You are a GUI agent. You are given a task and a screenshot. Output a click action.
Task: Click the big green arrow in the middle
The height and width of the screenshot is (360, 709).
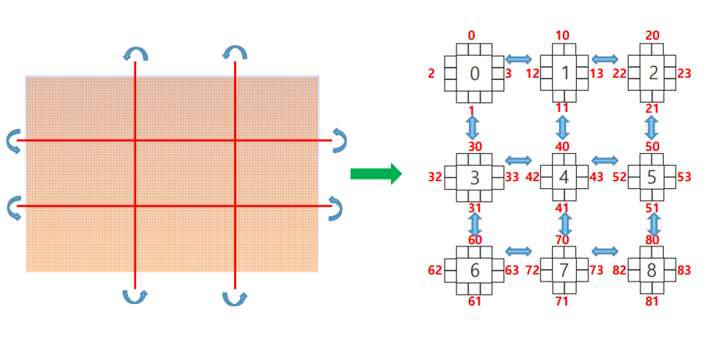(375, 173)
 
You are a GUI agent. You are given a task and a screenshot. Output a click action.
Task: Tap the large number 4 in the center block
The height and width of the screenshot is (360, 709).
(564, 177)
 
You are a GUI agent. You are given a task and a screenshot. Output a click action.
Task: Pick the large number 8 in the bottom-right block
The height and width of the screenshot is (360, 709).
(652, 271)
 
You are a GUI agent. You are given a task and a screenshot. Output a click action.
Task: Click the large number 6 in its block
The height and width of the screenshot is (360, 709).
(475, 270)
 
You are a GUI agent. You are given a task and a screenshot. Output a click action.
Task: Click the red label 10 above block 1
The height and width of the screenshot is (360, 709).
(563, 36)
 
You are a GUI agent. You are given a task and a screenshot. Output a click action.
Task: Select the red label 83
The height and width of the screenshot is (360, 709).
(684, 271)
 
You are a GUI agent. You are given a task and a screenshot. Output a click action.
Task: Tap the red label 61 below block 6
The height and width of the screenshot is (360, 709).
(474, 301)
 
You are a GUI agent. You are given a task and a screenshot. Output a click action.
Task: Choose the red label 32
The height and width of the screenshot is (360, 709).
(435, 177)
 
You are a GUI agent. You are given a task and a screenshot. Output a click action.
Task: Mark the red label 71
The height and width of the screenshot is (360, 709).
(563, 301)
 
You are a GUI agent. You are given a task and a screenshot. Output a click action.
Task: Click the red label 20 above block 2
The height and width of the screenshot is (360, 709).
(652, 36)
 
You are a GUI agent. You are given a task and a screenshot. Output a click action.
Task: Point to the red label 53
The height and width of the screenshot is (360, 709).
(684, 177)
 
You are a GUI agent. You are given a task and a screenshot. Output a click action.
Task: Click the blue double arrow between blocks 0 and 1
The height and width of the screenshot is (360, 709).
(519, 59)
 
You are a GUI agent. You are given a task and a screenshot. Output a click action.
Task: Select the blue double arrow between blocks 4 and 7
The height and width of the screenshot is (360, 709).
(564, 225)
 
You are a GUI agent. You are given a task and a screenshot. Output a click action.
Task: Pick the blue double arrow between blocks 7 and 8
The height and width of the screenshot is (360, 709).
(605, 251)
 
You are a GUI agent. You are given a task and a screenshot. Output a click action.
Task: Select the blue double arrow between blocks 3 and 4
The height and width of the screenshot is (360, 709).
(519, 161)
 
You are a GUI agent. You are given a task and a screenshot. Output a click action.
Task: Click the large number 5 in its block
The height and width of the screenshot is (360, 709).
(652, 177)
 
